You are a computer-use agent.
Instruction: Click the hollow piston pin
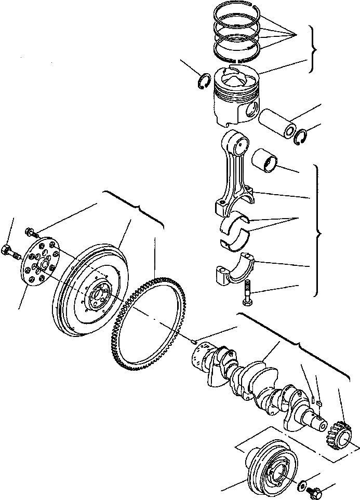point(277,125)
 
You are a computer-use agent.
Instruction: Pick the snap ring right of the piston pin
point(300,137)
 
